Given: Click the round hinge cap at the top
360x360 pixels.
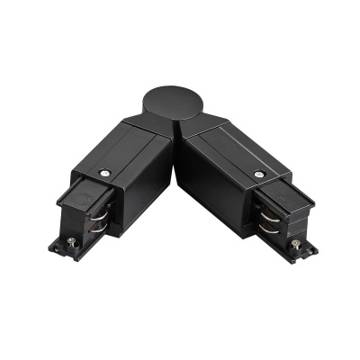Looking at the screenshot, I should (x=181, y=104).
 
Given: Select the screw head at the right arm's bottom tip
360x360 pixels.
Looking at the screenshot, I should (x=294, y=243).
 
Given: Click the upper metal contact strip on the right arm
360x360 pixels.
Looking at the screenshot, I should (x=267, y=213).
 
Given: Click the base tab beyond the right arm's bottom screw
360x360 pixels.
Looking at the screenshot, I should (x=308, y=247).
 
